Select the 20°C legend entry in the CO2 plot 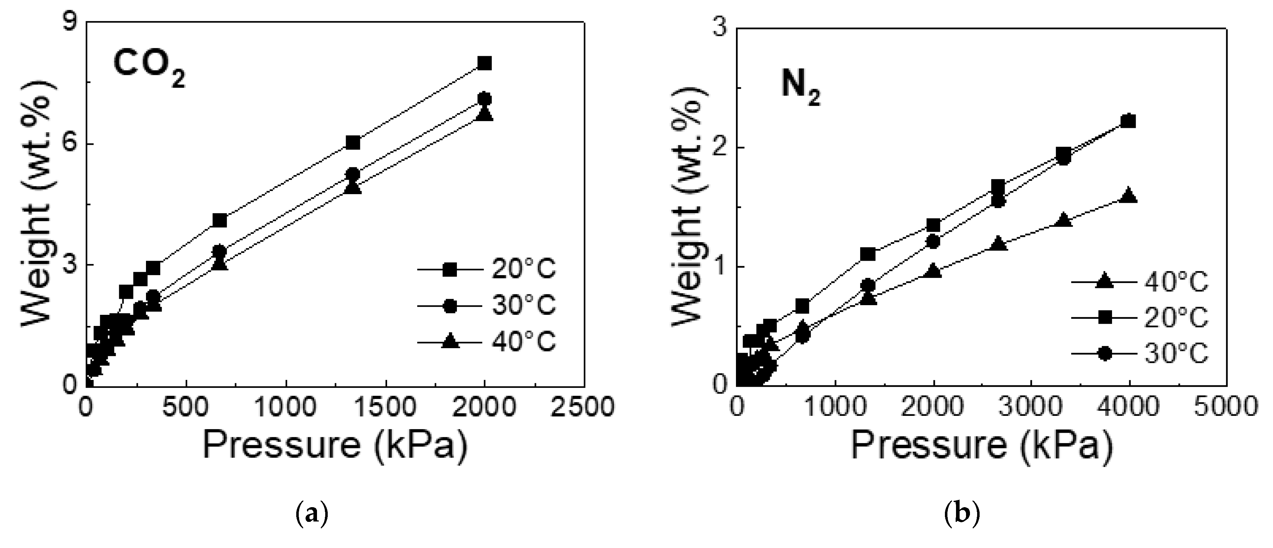click(487, 270)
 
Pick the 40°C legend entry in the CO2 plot click(487, 342)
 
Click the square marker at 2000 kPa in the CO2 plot click(485, 63)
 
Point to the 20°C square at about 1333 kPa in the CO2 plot click(353, 143)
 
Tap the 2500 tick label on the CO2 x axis click(584, 407)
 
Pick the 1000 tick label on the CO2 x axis click(286, 407)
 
